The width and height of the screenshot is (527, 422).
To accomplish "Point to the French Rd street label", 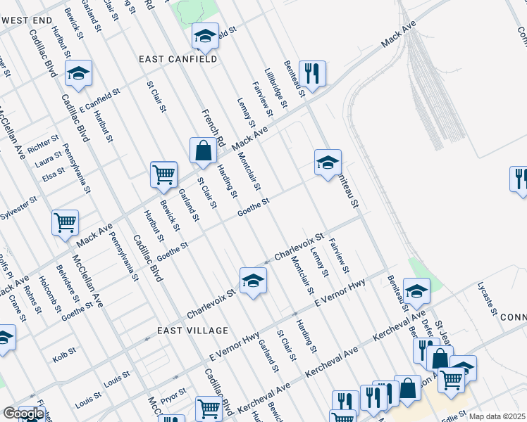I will [x=212, y=127].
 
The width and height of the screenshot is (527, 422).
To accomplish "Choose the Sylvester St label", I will [x=18, y=207].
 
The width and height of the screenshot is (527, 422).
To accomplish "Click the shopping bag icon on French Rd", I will [x=203, y=151].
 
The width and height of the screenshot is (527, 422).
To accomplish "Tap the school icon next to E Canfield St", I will [x=79, y=73].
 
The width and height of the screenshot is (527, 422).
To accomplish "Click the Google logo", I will [x=23, y=414].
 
